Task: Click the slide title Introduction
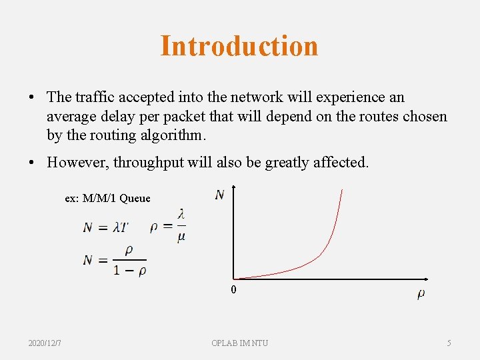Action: [239, 46]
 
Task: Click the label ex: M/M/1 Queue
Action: [107, 198]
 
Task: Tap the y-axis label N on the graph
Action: [219, 195]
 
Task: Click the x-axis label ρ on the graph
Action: [421, 293]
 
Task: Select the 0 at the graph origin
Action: [233, 290]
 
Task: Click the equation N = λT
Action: [105, 227]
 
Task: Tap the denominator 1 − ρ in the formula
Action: [130, 271]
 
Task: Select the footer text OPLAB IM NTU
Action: [239, 343]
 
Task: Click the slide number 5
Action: [449, 343]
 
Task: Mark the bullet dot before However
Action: [32, 163]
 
